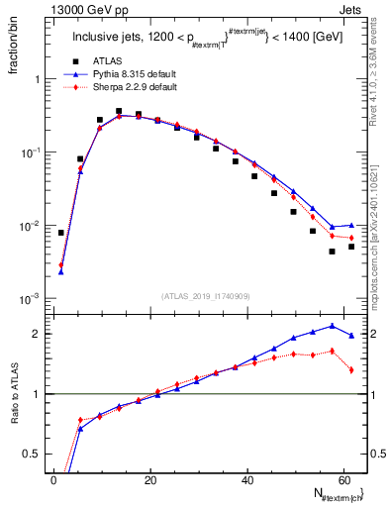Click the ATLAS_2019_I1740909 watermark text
pos(206,296)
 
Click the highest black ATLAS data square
pos(119,112)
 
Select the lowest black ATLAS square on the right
pos(332,252)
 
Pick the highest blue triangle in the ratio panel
pos(332,325)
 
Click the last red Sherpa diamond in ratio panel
pos(351,370)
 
